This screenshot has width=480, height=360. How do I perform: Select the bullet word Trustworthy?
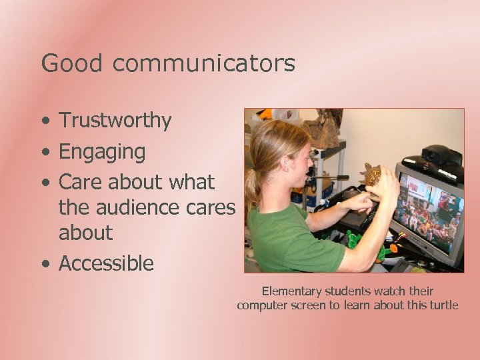point(115,121)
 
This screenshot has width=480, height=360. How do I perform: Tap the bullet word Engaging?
point(102,152)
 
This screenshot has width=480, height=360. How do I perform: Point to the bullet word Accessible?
point(107,263)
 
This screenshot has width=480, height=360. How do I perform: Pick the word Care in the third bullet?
point(79,182)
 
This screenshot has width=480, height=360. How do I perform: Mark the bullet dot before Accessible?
point(44,265)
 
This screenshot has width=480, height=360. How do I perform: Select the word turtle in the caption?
point(441,305)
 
